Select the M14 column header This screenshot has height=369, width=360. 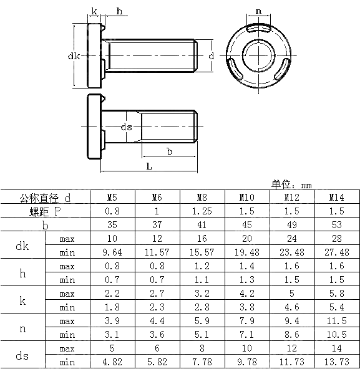click(337, 198)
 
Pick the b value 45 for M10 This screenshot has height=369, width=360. click(247, 225)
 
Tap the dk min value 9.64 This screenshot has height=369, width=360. click(112, 252)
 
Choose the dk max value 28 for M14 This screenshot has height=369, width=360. click(337, 239)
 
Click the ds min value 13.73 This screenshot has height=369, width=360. click(337, 362)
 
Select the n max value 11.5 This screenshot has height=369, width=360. click(337, 321)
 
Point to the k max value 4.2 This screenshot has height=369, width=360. click(247, 294)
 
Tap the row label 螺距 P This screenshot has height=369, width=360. click(46, 211)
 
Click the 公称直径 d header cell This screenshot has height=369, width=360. click(46, 198)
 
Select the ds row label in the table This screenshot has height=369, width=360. click(22, 355)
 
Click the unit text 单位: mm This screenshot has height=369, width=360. click(291, 184)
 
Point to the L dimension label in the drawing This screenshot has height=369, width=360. click(148, 166)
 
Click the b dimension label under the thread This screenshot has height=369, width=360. click(169, 151)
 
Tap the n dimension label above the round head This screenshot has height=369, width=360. click(258, 11)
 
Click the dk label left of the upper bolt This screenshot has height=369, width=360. click(73, 56)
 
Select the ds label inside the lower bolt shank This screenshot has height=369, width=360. click(127, 127)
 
